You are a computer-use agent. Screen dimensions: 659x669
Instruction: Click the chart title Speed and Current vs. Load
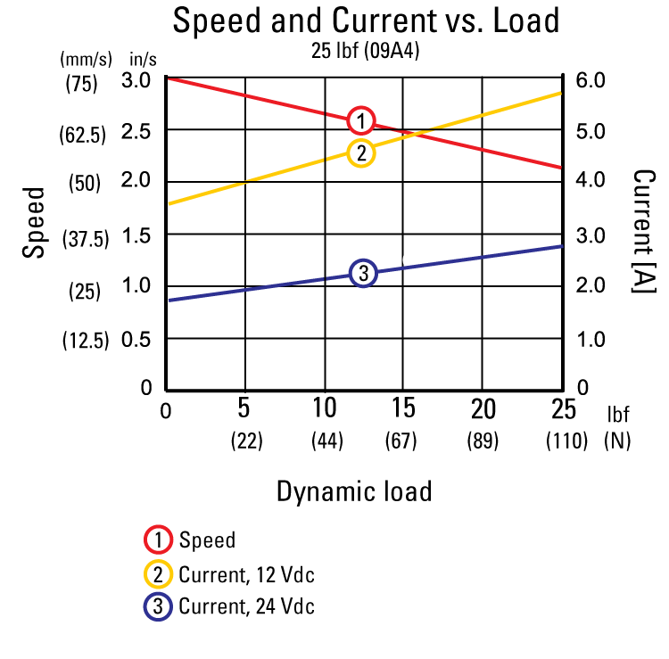(x=367, y=21)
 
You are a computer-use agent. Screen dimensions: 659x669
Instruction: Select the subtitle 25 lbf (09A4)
(x=367, y=52)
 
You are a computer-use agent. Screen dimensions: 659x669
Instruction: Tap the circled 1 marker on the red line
(x=361, y=120)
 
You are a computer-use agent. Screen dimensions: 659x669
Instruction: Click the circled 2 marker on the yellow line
(x=361, y=153)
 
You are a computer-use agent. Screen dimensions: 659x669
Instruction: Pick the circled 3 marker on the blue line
(x=364, y=274)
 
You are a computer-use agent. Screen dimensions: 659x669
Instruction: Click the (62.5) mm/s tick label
(x=83, y=136)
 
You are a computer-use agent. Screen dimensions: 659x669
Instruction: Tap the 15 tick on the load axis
(x=403, y=409)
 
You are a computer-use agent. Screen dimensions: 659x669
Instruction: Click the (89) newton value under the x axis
(x=483, y=441)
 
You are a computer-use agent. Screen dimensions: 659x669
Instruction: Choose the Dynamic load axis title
(x=354, y=490)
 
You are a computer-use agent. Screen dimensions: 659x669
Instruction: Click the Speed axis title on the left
(x=34, y=223)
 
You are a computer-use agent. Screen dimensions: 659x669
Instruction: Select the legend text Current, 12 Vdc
(x=246, y=574)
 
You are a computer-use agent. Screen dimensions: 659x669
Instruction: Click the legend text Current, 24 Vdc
(x=246, y=607)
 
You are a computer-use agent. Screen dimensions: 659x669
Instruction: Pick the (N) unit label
(x=617, y=441)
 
